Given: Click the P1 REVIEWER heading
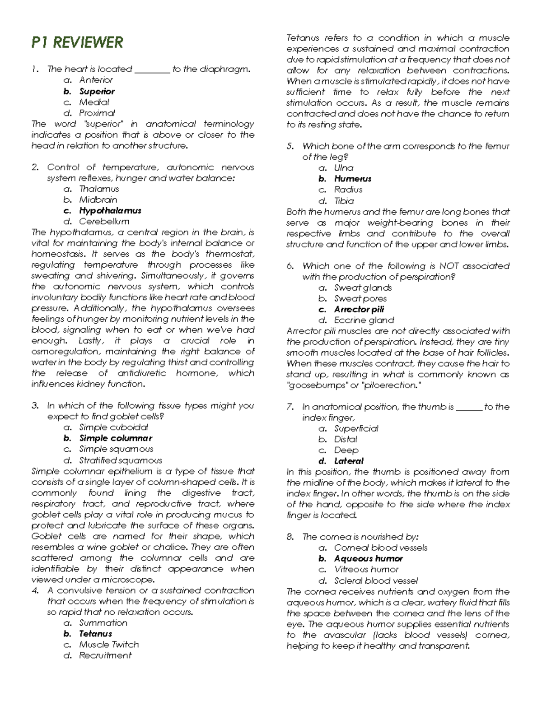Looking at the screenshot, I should click(x=77, y=42).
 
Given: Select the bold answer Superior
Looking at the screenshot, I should click(x=97, y=91).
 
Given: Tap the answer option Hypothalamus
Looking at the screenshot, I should click(x=110, y=211).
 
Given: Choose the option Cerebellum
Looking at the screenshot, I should click(x=104, y=222).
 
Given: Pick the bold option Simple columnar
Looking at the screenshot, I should click(x=116, y=438).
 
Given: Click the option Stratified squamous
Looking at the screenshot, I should click(x=121, y=460).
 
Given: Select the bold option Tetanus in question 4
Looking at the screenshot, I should click(x=95, y=634).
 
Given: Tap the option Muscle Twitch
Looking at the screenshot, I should click(x=109, y=645).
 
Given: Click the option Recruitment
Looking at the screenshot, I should click(x=105, y=655).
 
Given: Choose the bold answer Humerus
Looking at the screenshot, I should click(x=353, y=179).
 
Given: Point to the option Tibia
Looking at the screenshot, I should click(x=344, y=201).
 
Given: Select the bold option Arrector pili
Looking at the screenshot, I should click(x=359, y=310).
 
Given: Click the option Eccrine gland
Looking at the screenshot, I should click(x=364, y=320).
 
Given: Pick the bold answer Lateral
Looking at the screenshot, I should click(x=349, y=461).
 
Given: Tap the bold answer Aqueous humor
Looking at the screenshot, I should click(x=368, y=559).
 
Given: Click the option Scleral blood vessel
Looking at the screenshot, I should click(x=376, y=581).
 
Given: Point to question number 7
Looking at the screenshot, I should click(x=290, y=407).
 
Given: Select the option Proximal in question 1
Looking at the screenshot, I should click(x=97, y=113).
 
